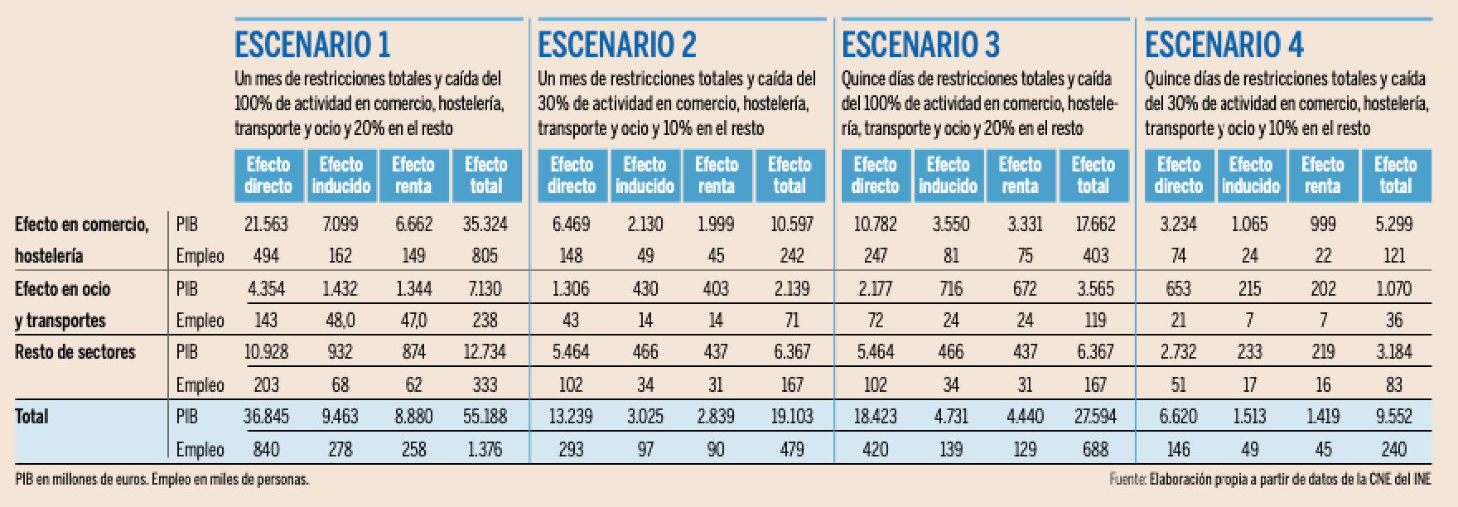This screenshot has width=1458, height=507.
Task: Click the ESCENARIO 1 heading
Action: (x=312, y=45)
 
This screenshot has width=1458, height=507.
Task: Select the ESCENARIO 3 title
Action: (x=920, y=45)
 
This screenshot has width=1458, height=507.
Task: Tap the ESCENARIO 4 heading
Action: (x=1224, y=45)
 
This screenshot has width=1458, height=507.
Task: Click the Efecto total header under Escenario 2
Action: (x=789, y=176)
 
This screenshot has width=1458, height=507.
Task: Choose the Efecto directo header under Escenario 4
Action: (x=1178, y=176)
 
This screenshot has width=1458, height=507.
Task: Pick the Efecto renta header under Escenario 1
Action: (x=413, y=176)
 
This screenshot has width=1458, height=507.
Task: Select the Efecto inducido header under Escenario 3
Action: (x=948, y=176)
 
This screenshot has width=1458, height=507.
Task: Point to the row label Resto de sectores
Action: (x=75, y=352)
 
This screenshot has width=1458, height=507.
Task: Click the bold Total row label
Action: (x=31, y=416)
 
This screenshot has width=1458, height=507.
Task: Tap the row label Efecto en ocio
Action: (x=62, y=289)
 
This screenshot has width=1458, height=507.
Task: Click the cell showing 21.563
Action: (x=266, y=225)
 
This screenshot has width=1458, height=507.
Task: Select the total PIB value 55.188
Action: (x=485, y=416)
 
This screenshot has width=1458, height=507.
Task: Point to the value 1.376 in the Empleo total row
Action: (x=485, y=449)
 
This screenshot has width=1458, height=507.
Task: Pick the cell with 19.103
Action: (x=792, y=416)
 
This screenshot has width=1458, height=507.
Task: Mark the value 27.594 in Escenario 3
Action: (x=1095, y=416)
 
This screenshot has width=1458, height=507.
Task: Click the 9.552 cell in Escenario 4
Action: (x=1394, y=416)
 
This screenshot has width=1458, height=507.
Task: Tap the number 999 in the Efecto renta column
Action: (x=1322, y=225)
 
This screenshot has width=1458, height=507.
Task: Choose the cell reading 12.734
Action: (x=485, y=352)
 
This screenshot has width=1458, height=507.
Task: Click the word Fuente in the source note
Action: (x=1127, y=479)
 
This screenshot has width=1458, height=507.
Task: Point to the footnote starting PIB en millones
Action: (x=162, y=479)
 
